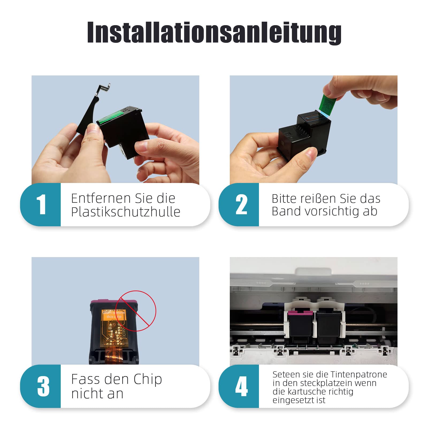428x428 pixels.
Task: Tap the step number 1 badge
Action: (41, 205)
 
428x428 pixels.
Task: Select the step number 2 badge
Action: (239, 205)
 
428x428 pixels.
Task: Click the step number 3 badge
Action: (41, 386)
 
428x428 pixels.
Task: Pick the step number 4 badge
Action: (239, 386)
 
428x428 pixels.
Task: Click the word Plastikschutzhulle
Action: (126, 212)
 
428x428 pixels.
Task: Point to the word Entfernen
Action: (101, 198)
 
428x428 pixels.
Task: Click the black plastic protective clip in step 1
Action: (92, 110)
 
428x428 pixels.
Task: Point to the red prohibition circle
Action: (137, 311)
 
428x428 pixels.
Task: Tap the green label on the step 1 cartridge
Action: (109, 117)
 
